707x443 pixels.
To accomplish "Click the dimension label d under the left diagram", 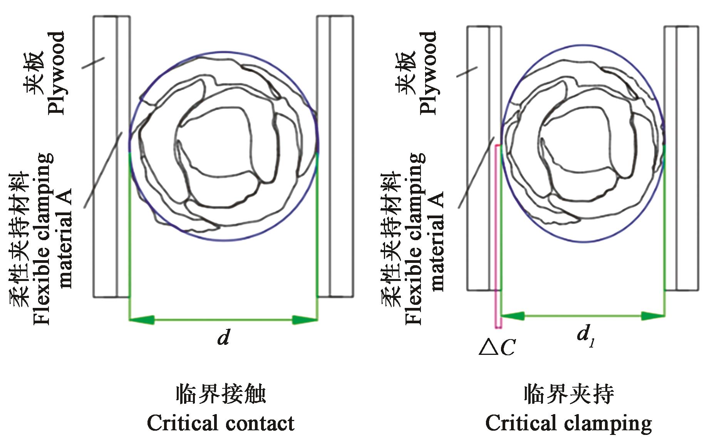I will point(224,338).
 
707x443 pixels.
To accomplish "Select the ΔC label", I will point(497,348).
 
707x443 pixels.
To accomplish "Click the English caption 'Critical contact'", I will point(220,423).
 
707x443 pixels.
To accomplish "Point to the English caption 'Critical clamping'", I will point(568,423).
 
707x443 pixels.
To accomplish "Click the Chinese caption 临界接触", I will point(221,395).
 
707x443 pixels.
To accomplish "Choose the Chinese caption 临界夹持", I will point(569,395).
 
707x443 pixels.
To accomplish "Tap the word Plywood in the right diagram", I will point(428,73).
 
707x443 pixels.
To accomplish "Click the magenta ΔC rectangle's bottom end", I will point(498,327).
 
